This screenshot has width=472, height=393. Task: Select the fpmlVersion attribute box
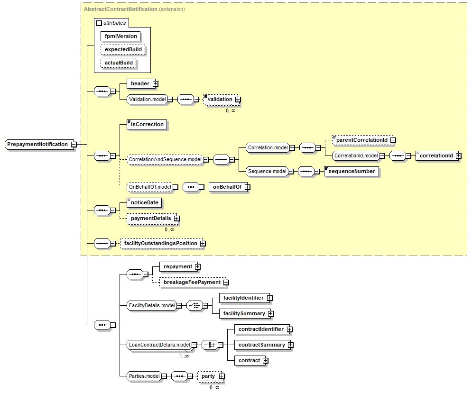[120, 36]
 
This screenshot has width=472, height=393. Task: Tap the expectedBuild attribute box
[123, 49]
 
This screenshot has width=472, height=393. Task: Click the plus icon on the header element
[155, 83]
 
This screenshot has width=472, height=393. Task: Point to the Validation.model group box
[147, 99]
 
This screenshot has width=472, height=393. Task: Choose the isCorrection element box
[147, 125]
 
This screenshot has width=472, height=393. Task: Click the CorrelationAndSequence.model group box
[165, 159]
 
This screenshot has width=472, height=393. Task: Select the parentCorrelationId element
[362, 140]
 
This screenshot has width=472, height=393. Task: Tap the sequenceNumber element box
[352, 172]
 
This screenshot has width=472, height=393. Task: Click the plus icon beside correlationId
[458, 156]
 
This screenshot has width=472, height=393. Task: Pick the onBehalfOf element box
[228, 187]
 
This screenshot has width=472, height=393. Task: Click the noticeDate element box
[144, 203]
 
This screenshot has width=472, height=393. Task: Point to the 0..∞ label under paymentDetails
[169, 229]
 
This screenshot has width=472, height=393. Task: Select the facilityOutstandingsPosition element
[161, 244]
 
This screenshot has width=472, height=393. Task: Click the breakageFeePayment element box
[193, 282]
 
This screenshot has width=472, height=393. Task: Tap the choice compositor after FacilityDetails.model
[195, 306]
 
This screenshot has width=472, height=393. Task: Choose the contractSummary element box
[262, 345]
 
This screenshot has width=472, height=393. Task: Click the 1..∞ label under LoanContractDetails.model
[184, 356]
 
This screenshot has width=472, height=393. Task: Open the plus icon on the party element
[222, 376]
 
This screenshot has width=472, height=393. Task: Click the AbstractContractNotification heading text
[120, 9]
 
